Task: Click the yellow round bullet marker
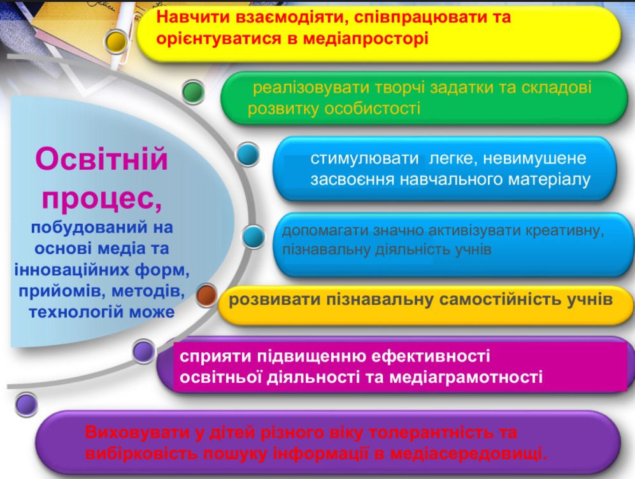tap(116, 41)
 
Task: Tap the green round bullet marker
tap(193, 92)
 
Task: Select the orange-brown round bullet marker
tap(207, 295)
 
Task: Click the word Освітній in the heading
tap(101, 159)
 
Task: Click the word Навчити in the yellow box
tap(195, 17)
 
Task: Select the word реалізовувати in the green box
tap(311, 88)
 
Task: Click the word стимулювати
tap(364, 158)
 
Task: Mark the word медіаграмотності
tap(466, 377)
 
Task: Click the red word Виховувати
tap(138, 433)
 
